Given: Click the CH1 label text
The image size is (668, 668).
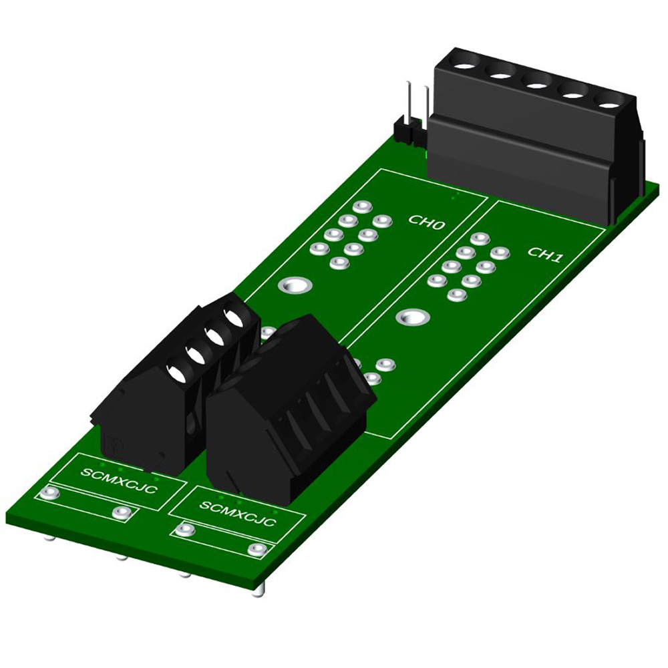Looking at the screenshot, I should [x=544, y=255].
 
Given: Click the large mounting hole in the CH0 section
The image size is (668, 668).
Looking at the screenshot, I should [x=295, y=287].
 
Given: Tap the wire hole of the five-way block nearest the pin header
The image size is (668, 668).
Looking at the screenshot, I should [x=464, y=67].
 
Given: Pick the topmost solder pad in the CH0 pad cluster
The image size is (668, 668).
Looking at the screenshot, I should [x=362, y=206].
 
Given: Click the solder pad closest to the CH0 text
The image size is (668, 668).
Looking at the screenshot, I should [x=381, y=220].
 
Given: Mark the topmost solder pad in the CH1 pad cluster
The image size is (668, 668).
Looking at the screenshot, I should [x=480, y=238].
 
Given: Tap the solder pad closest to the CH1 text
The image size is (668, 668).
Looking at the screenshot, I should [x=499, y=253].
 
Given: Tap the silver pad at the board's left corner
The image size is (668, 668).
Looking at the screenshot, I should [x=47, y=494].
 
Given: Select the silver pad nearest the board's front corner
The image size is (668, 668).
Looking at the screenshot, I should [x=256, y=549].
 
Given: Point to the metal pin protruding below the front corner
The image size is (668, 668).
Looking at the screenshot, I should [x=259, y=589].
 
